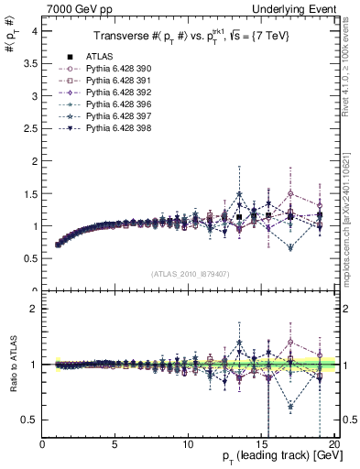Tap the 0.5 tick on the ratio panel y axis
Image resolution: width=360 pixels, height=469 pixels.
point(30,420)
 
